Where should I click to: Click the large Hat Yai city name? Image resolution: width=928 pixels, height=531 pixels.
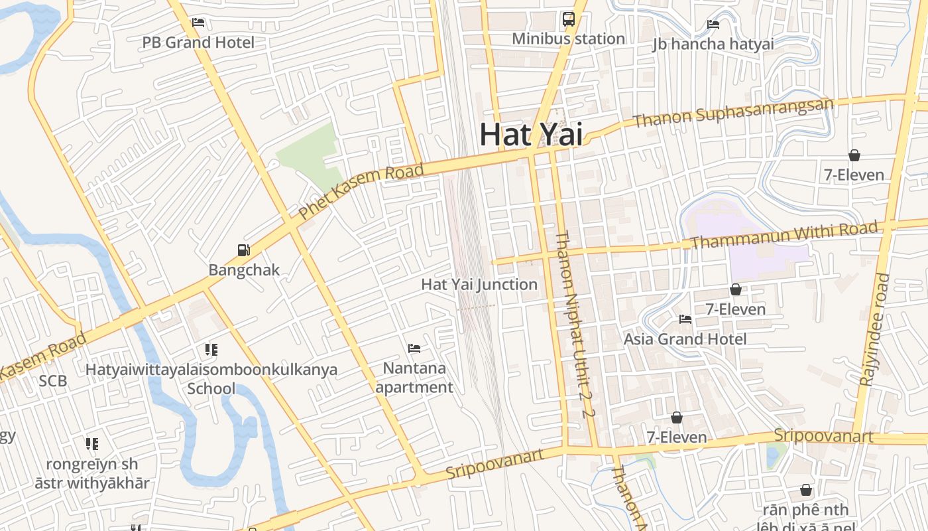point(531,133)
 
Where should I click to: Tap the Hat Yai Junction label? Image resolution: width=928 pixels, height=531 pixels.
point(479,285)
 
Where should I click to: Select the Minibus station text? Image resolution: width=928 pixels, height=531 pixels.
point(568,38)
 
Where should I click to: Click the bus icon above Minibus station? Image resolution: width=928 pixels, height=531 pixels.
point(569,19)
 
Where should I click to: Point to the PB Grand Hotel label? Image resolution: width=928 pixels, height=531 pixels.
point(198,42)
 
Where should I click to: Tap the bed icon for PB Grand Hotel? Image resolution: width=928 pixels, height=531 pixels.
point(198,23)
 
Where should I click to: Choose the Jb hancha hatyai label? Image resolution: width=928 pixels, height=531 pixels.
point(713,44)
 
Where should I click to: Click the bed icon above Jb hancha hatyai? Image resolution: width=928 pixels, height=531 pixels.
point(713,25)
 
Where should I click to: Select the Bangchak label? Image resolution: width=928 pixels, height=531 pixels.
point(244,270)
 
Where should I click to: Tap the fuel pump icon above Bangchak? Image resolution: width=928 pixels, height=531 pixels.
point(244,250)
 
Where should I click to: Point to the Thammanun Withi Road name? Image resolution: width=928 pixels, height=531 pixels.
point(784,236)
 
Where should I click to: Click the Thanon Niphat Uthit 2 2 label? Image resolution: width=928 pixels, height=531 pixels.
point(574,324)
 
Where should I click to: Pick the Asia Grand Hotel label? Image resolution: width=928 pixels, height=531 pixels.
point(685,339)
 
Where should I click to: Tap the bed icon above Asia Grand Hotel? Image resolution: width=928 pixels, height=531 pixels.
point(685,319)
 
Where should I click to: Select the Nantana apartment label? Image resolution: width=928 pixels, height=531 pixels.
point(414,377)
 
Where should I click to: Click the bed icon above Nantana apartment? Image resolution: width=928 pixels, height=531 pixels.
point(414,348)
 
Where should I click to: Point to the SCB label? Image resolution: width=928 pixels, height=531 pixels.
point(53,381)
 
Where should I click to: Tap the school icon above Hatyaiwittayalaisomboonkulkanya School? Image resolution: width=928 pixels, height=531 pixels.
point(211,349)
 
